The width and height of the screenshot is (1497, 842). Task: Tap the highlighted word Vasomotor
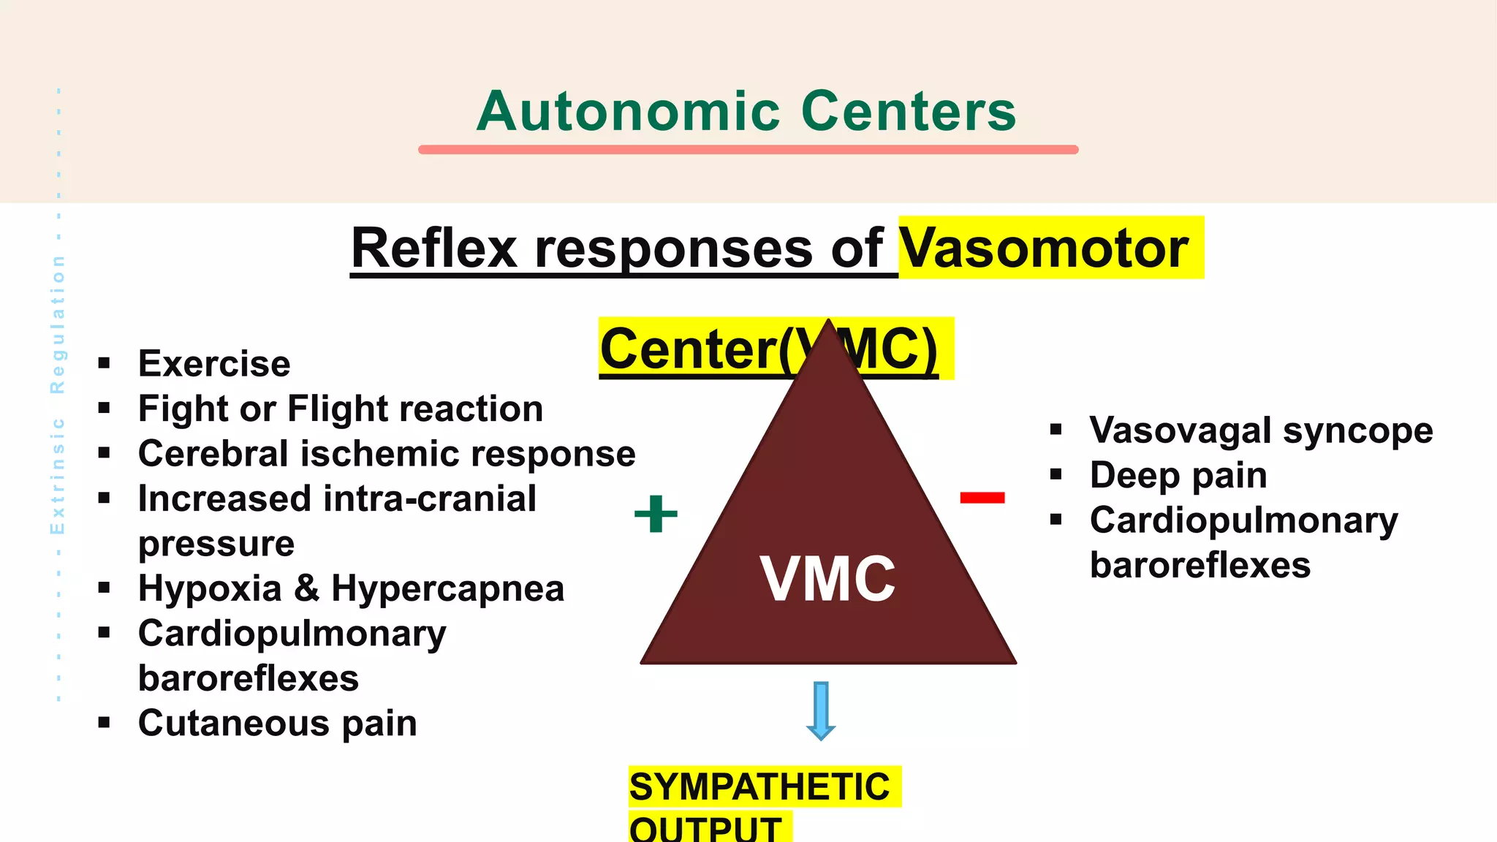(1043, 249)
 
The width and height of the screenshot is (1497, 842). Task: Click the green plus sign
(656, 514)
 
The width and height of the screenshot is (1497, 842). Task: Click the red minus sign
(982, 498)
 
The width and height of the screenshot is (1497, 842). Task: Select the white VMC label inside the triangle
(827, 579)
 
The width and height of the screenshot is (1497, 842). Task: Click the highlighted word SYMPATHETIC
(759, 787)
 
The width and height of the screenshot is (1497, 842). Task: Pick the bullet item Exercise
(214, 363)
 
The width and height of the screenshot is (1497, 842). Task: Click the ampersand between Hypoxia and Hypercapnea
(306, 588)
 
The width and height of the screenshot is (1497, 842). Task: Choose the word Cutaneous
(233, 723)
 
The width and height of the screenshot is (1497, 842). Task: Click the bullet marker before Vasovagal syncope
(1056, 430)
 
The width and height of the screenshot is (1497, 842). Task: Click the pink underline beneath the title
(748, 149)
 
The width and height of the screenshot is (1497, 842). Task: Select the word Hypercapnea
(447, 588)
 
